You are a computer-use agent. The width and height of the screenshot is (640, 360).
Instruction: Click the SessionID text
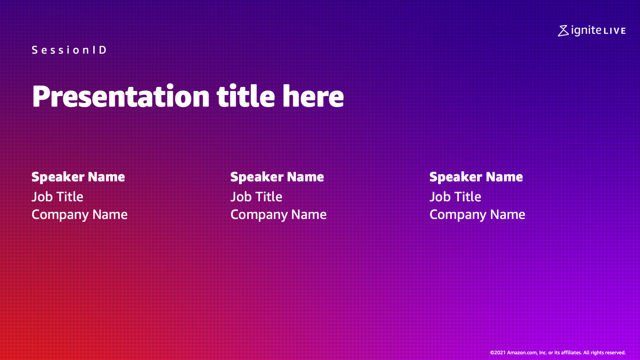coord(69,50)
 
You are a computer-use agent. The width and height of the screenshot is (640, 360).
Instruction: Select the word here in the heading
coord(313,96)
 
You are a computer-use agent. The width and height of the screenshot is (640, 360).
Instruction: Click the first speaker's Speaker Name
coord(78,177)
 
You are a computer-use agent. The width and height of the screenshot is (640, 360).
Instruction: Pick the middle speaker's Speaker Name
coord(277,177)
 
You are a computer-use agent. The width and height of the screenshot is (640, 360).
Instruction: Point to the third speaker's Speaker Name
coord(476,177)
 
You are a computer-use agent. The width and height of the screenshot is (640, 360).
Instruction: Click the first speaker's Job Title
coord(57,197)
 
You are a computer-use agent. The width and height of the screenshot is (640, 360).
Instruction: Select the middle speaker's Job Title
coord(256,197)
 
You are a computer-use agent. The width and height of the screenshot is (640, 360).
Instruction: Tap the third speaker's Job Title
coord(455,197)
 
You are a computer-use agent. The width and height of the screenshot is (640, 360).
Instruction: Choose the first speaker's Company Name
coord(80,215)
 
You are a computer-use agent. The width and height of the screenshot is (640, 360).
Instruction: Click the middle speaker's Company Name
coord(278,215)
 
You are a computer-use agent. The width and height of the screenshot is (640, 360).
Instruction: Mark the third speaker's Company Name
coord(477,215)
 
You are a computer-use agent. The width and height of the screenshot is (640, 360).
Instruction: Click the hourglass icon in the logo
coord(563,30)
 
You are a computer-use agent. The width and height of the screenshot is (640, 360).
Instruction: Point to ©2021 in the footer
coord(498,353)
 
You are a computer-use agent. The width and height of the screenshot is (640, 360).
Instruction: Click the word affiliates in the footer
coord(571,353)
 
